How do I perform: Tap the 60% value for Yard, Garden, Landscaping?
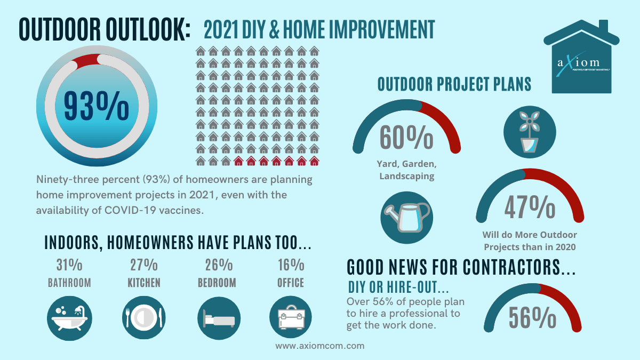click(406, 137)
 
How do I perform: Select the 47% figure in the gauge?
click(530, 208)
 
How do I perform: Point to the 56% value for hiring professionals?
click(532, 318)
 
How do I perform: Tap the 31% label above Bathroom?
click(69, 265)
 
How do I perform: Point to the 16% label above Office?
click(291, 265)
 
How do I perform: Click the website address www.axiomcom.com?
click(320, 346)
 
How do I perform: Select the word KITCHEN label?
click(144, 283)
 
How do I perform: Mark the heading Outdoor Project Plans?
click(454, 85)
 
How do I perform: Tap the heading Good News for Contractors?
click(461, 267)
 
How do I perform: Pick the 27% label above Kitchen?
click(144, 265)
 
